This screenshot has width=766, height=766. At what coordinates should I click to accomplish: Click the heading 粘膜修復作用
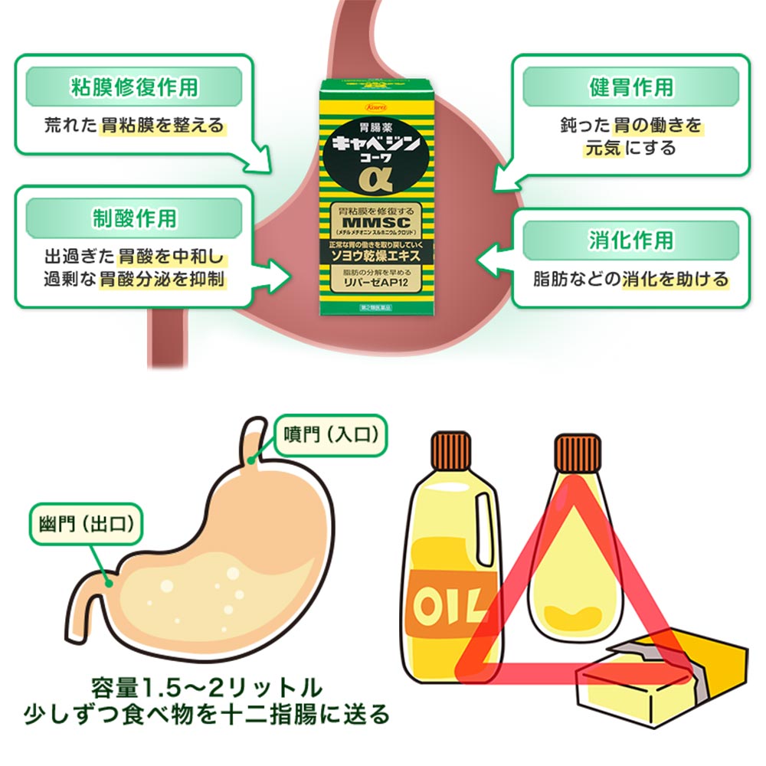tap(134, 86)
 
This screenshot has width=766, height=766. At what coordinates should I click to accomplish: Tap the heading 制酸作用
tap(134, 219)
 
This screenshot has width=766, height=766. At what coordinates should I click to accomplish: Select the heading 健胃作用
tap(630, 86)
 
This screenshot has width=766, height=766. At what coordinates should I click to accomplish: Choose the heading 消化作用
tap(630, 240)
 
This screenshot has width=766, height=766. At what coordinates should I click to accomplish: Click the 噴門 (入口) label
tap(331, 435)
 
